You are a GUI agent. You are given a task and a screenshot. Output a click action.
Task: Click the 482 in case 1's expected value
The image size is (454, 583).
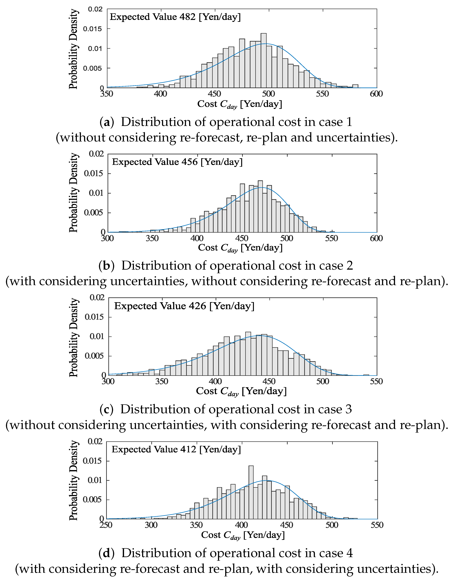point(187,17)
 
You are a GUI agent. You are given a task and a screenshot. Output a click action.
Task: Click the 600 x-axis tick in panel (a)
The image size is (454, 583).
point(376,94)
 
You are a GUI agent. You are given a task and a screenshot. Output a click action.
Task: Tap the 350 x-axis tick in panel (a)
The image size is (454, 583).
point(107,94)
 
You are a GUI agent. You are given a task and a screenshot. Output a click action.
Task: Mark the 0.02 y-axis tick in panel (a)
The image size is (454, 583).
point(95,9)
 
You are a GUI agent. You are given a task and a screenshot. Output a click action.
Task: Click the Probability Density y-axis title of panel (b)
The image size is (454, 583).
point(73,193)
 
